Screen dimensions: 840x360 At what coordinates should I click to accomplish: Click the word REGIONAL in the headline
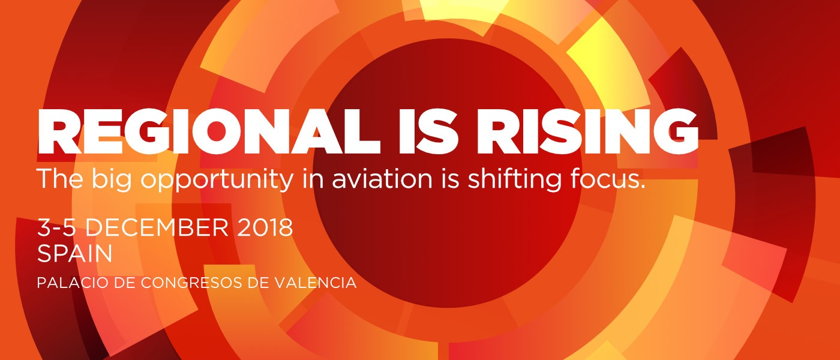pos(209,131)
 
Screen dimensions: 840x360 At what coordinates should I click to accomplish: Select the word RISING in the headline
pos(587,131)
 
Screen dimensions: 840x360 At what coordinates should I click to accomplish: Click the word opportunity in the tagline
pos(217,180)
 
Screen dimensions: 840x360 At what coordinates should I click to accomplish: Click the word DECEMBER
pos(157,227)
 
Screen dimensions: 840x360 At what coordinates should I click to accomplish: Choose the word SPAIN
pos(75,253)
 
